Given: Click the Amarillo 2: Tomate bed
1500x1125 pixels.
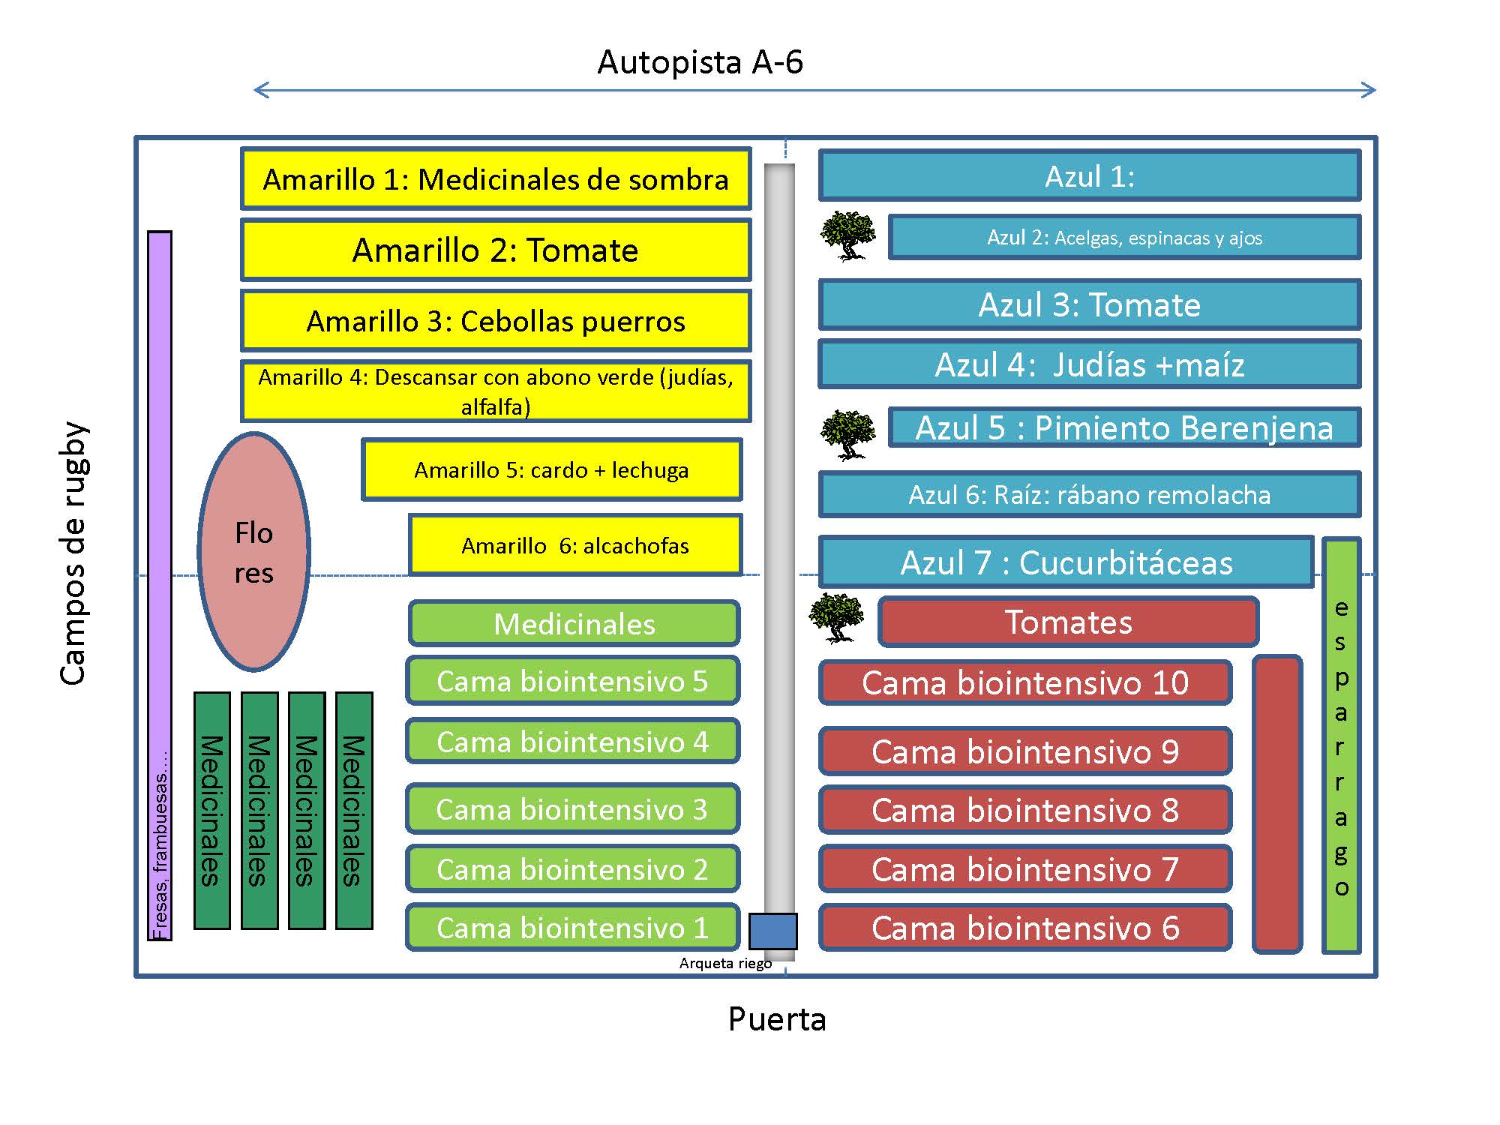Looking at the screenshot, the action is coord(496,250).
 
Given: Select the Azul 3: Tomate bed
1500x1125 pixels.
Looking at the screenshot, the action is coord(1090,304).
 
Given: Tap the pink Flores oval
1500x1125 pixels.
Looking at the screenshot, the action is coord(254,551).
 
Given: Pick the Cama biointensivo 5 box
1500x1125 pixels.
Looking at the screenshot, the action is coord(573,681).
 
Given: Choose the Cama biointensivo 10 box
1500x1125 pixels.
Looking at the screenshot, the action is coord(1025,682).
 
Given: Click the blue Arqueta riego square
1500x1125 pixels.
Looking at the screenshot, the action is coord(773,931).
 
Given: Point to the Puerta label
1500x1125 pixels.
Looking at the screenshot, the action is coord(777,1019).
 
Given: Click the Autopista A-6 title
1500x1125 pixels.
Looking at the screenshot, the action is coord(700,62).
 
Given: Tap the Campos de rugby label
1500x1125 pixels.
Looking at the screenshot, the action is coord(73,553).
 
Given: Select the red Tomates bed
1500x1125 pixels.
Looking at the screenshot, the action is coord(1069,622).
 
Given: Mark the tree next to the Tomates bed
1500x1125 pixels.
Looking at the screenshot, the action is coord(837,618).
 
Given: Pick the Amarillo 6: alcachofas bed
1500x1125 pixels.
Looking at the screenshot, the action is coord(575,545).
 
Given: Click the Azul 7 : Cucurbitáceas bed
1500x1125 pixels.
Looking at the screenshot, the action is coord(1066,562).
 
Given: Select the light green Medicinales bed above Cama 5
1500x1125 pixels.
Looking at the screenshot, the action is coord(574,623).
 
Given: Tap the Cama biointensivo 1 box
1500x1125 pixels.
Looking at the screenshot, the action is coord(573,928).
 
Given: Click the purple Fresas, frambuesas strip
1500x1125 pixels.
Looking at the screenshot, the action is coord(160,585).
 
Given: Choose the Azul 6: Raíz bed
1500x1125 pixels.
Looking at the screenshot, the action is coord(1090,494).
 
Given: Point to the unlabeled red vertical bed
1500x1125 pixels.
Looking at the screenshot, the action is coord(1277,804).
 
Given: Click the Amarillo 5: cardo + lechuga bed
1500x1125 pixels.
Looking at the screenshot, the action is coord(552,469).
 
